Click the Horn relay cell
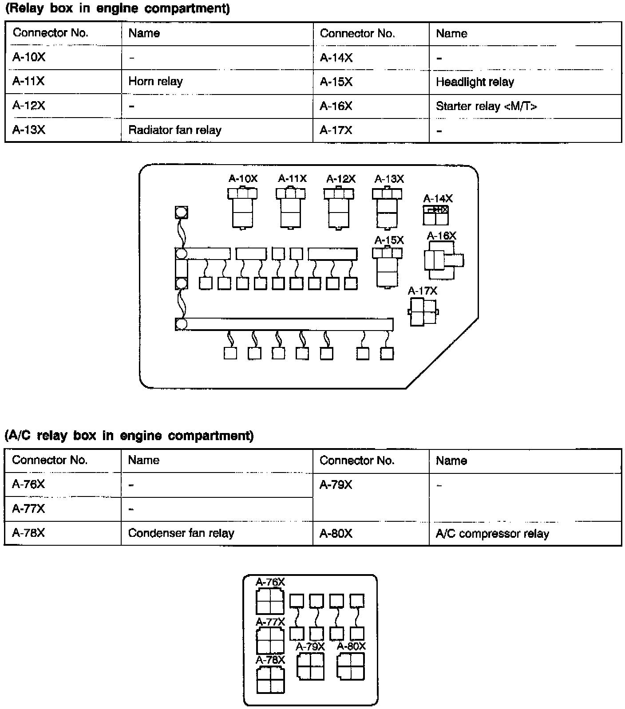pos(155,81)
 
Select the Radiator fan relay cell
pos(174,130)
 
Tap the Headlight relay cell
pos(475,82)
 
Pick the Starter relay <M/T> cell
pos(486,106)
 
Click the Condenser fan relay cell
pos(181,533)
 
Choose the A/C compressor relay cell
pos(492,533)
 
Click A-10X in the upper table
pos(29,57)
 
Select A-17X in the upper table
pos(336,130)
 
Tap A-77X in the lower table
pos(28,508)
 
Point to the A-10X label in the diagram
pos(243,178)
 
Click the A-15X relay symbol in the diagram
pos(388,268)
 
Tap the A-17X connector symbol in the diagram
pos(423,312)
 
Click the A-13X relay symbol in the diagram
pos(387,208)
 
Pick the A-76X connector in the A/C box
pos(270,601)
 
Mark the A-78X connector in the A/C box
pos(270,680)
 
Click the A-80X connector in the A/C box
pos(351,666)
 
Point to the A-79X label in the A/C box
pos(310,646)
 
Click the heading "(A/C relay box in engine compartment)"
pos(129,435)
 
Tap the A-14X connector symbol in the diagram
pos(435,216)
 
